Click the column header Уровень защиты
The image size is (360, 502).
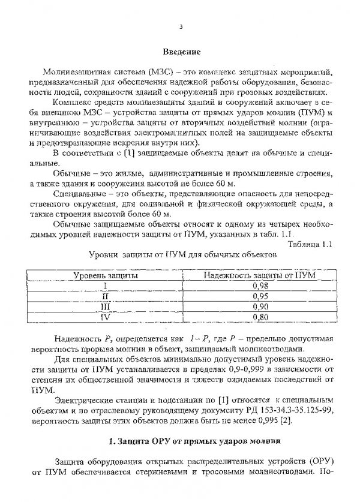click(105, 275)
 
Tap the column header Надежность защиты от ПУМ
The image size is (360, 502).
click(259, 275)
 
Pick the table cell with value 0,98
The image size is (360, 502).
click(259, 285)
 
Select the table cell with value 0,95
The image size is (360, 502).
click(259, 296)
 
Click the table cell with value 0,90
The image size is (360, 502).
click(259, 306)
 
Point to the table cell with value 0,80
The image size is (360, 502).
click(259, 317)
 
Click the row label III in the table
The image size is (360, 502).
click(105, 306)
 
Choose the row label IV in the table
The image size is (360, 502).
click(105, 317)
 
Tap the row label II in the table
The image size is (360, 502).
click(105, 296)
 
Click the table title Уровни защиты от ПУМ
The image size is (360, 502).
click(180, 254)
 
